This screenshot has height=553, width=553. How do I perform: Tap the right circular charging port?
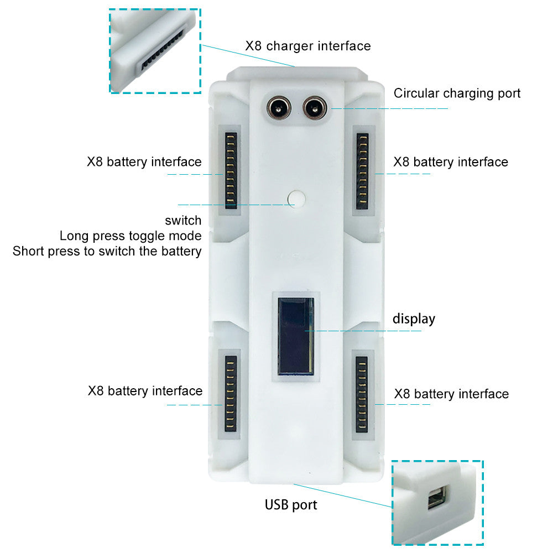[314, 107]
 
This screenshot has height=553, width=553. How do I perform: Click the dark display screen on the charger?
[295, 336]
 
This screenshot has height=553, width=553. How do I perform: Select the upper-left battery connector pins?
[231, 171]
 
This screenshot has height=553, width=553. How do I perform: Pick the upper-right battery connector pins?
[362, 171]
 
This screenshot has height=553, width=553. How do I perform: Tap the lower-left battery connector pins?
[231, 393]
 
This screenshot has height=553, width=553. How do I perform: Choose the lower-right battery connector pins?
[362, 393]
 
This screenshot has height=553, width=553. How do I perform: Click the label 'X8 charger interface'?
[308, 45]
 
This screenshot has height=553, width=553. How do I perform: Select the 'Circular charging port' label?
[457, 93]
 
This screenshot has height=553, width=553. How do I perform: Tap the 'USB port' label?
[291, 504]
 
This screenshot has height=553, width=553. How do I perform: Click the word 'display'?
[414, 319]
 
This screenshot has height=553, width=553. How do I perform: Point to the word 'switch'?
[183, 221]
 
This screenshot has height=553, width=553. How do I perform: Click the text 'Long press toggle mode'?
[131, 236]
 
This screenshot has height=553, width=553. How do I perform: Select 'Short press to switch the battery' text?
[107, 251]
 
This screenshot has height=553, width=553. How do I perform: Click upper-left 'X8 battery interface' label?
[144, 162]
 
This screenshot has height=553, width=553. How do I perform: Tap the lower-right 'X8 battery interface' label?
[451, 394]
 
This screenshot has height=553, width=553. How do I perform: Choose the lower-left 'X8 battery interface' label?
[145, 391]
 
